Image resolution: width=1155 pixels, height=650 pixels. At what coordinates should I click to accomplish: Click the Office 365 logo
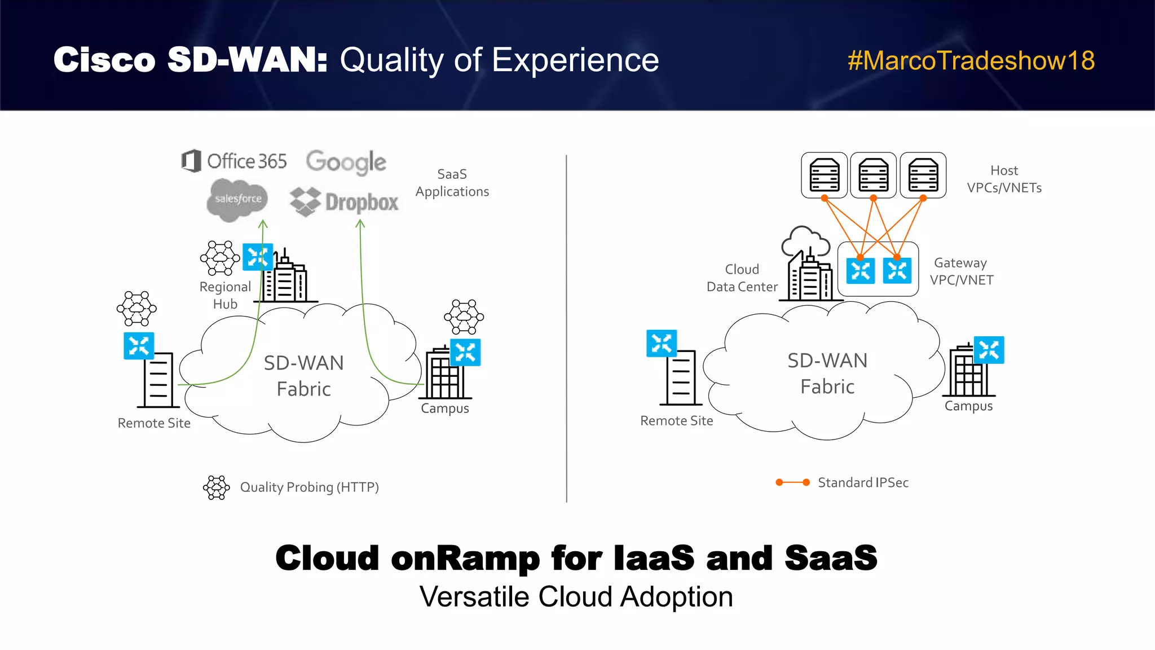pos(234,161)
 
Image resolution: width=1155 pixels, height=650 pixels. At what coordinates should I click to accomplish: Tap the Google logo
pos(346,162)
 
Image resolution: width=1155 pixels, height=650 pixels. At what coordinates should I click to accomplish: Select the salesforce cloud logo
pos(237,199)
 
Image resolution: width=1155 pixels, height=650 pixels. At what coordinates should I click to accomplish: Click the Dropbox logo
pos(344,202)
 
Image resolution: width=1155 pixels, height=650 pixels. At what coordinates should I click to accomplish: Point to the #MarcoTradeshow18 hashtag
pos(971,60)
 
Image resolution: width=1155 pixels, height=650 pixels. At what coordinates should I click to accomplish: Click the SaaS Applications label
pos(452,183)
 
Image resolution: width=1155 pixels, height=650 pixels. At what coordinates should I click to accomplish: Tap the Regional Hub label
pos(225,295)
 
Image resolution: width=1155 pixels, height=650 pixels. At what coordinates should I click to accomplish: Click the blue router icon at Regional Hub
pos(258,257)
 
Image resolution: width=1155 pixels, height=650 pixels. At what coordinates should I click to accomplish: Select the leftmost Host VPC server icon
pos(824,175)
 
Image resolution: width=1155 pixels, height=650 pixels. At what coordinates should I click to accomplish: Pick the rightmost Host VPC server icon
pos(923,175)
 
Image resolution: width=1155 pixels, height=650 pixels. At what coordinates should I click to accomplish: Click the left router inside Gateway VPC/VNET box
pos(860,271)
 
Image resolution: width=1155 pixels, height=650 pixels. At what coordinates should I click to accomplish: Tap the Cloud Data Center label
pos(742,278)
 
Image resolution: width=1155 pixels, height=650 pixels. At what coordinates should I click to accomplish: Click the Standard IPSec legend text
pos(863,482)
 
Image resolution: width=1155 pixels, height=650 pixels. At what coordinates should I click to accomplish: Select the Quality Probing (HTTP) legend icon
pos(217,487)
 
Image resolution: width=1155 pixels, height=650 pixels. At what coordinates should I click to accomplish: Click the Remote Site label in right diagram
pos(676,421)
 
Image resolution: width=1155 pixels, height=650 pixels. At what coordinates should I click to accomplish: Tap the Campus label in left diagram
pos(444,409)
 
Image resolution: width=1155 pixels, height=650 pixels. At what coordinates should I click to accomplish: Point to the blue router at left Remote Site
pos(139,346)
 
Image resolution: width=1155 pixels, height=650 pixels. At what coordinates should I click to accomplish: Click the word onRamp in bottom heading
pos(465,558)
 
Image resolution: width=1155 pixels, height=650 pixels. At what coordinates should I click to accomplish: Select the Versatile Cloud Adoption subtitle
pos(576,597)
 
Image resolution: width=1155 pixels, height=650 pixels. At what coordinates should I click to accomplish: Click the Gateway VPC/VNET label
pos(961,271)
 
